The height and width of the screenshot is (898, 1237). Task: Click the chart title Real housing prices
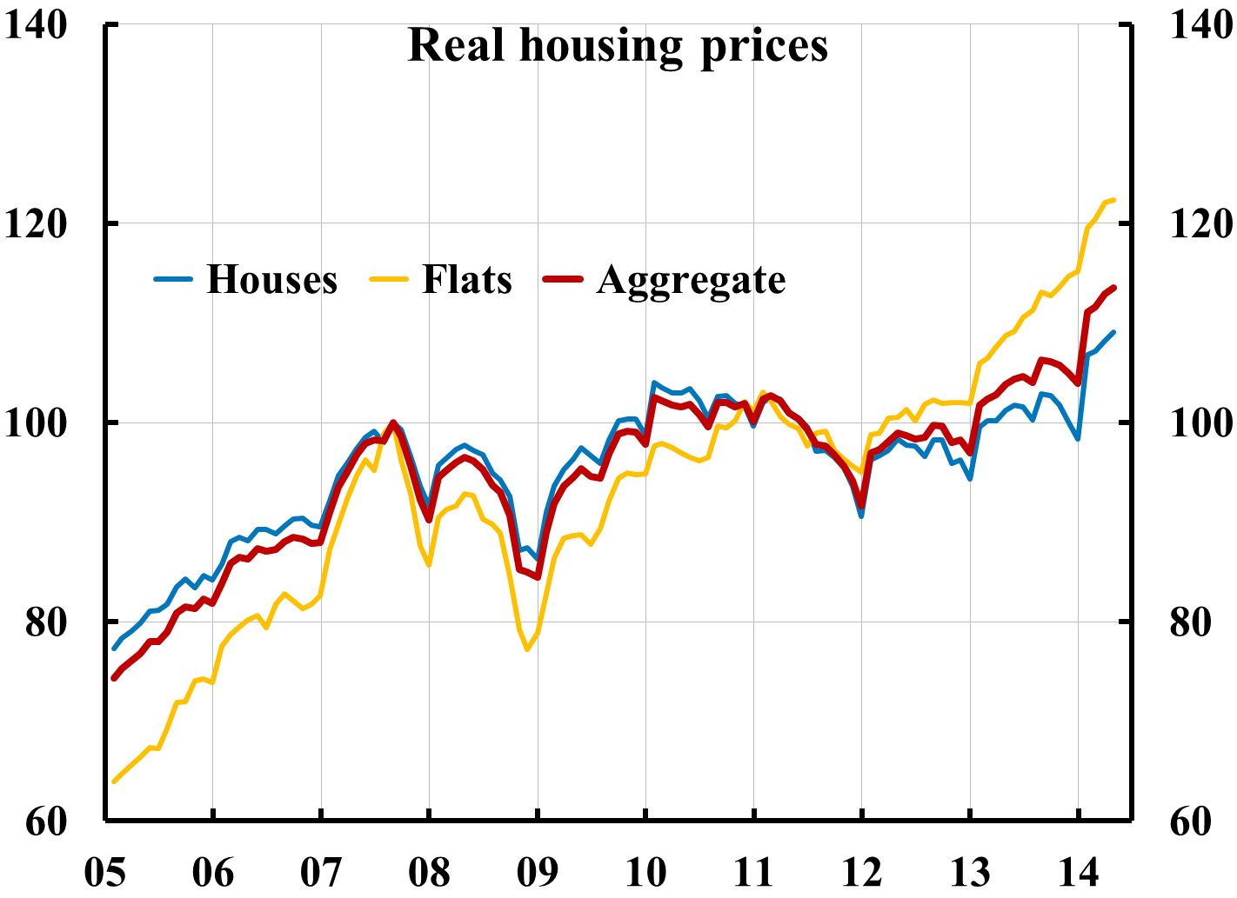pos(618,45)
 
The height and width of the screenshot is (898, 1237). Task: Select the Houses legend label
pos(271,280)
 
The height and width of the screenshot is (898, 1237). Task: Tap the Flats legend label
pos(467,280)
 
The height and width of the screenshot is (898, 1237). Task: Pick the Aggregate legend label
pos(691,280)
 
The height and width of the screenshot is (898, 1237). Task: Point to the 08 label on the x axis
pos(429,872)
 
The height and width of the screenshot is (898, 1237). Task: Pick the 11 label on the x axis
pos(753,872)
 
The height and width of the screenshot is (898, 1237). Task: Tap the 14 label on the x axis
pos(1078,872)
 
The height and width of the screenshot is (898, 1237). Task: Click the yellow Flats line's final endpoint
pos(1113,200)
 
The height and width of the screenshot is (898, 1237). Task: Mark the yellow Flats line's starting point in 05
pos(114,782)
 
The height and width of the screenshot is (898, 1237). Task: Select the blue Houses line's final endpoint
pos(1113,332)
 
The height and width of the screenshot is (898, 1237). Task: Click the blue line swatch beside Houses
pos(172,280)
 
